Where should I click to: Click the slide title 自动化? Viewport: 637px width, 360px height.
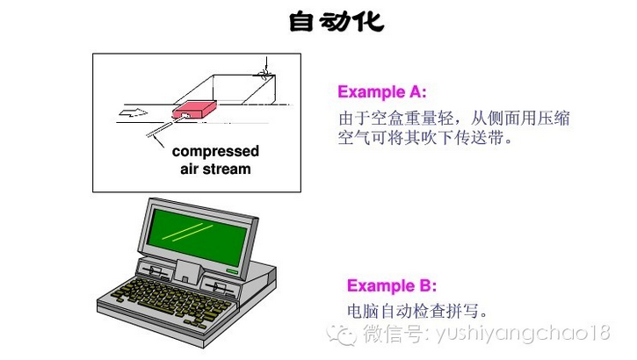click(x=337, y=22)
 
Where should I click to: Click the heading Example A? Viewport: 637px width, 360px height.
click(x=382, y=91)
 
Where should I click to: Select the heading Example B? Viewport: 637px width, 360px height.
click(x=392, y=285)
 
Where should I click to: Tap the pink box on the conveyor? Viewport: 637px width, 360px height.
click(x=194, y=109)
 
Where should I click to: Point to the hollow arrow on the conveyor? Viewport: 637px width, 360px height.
click(x=134, y=113)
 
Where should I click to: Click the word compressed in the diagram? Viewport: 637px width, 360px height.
click(x=215, y=152)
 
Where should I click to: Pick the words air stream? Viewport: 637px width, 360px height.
click(x=215, y=169)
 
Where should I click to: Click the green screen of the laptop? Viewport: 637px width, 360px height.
click(x=198, y=237)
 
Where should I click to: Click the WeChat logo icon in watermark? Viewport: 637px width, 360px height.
click(x=341, y=335)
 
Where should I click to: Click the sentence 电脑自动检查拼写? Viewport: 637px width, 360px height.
click(x=417, y=312)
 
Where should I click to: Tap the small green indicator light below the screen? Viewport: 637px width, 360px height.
click(x=232, y=271)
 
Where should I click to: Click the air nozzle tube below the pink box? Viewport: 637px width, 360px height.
click(x=167, y=125)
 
